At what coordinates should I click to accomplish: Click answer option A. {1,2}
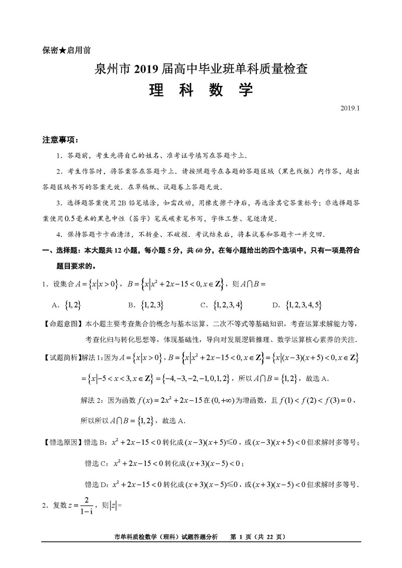click(x=67, y=305)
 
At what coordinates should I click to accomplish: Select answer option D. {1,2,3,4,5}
click(x=297, y=305)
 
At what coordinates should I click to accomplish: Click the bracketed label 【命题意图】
click(x=63, y=324)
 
